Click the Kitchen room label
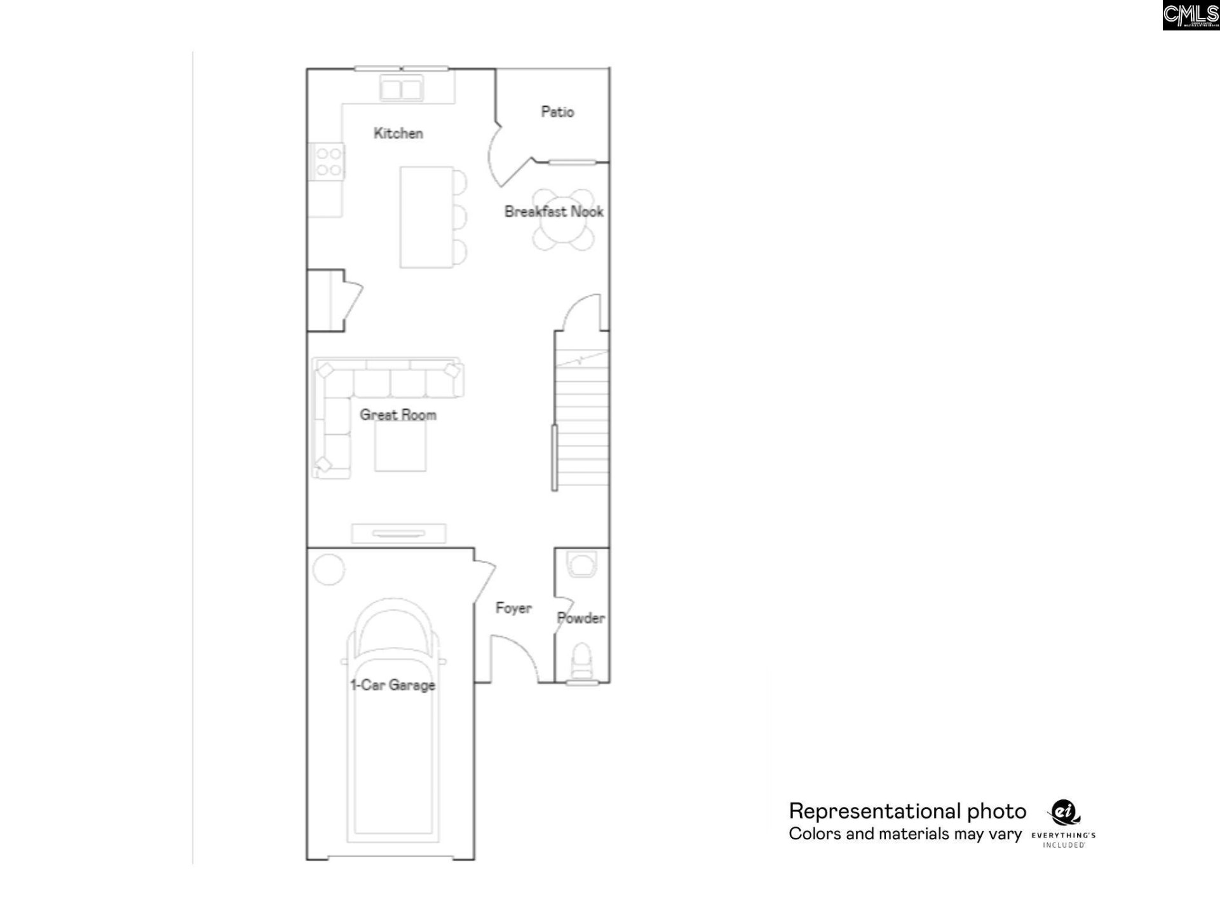398,133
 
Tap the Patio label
557,112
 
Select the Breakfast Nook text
553,212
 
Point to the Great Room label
398,415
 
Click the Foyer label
513,608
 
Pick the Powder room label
581,618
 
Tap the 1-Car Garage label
393,685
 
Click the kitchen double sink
401,88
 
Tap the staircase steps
581,419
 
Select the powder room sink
581,564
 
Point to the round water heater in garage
329,569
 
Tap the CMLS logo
1191,15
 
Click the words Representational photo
907,811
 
